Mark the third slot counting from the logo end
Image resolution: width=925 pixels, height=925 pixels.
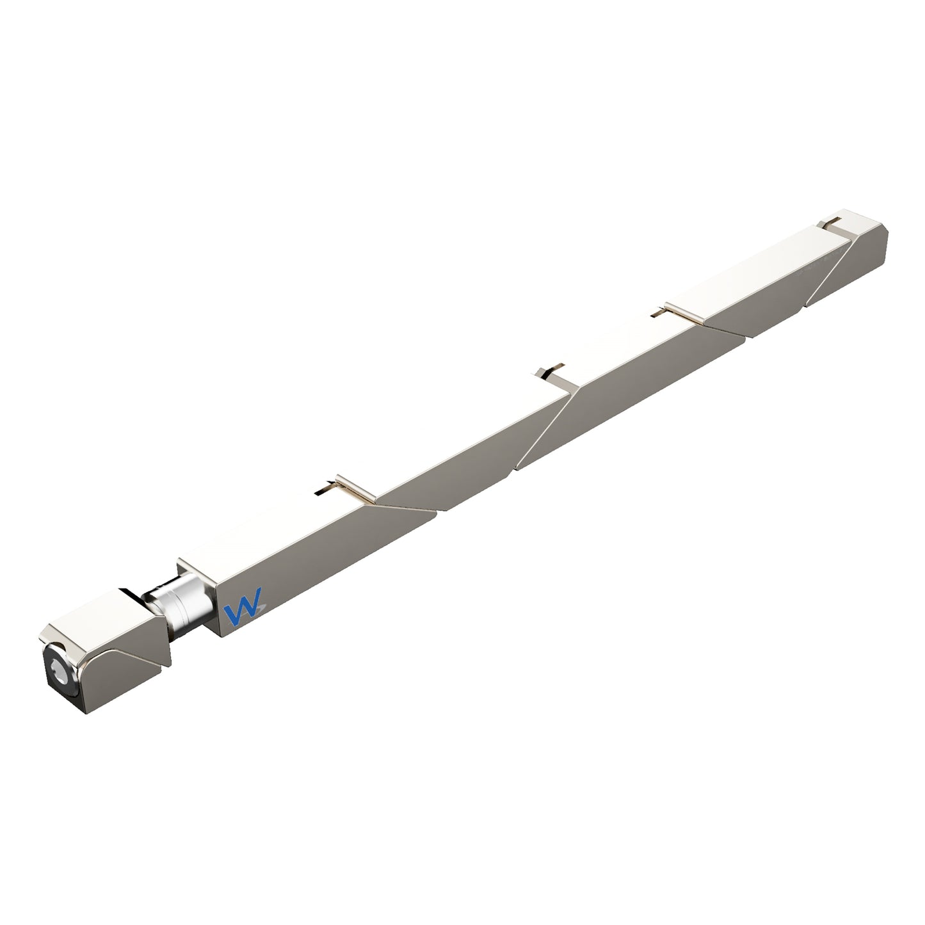pos(658,313)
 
